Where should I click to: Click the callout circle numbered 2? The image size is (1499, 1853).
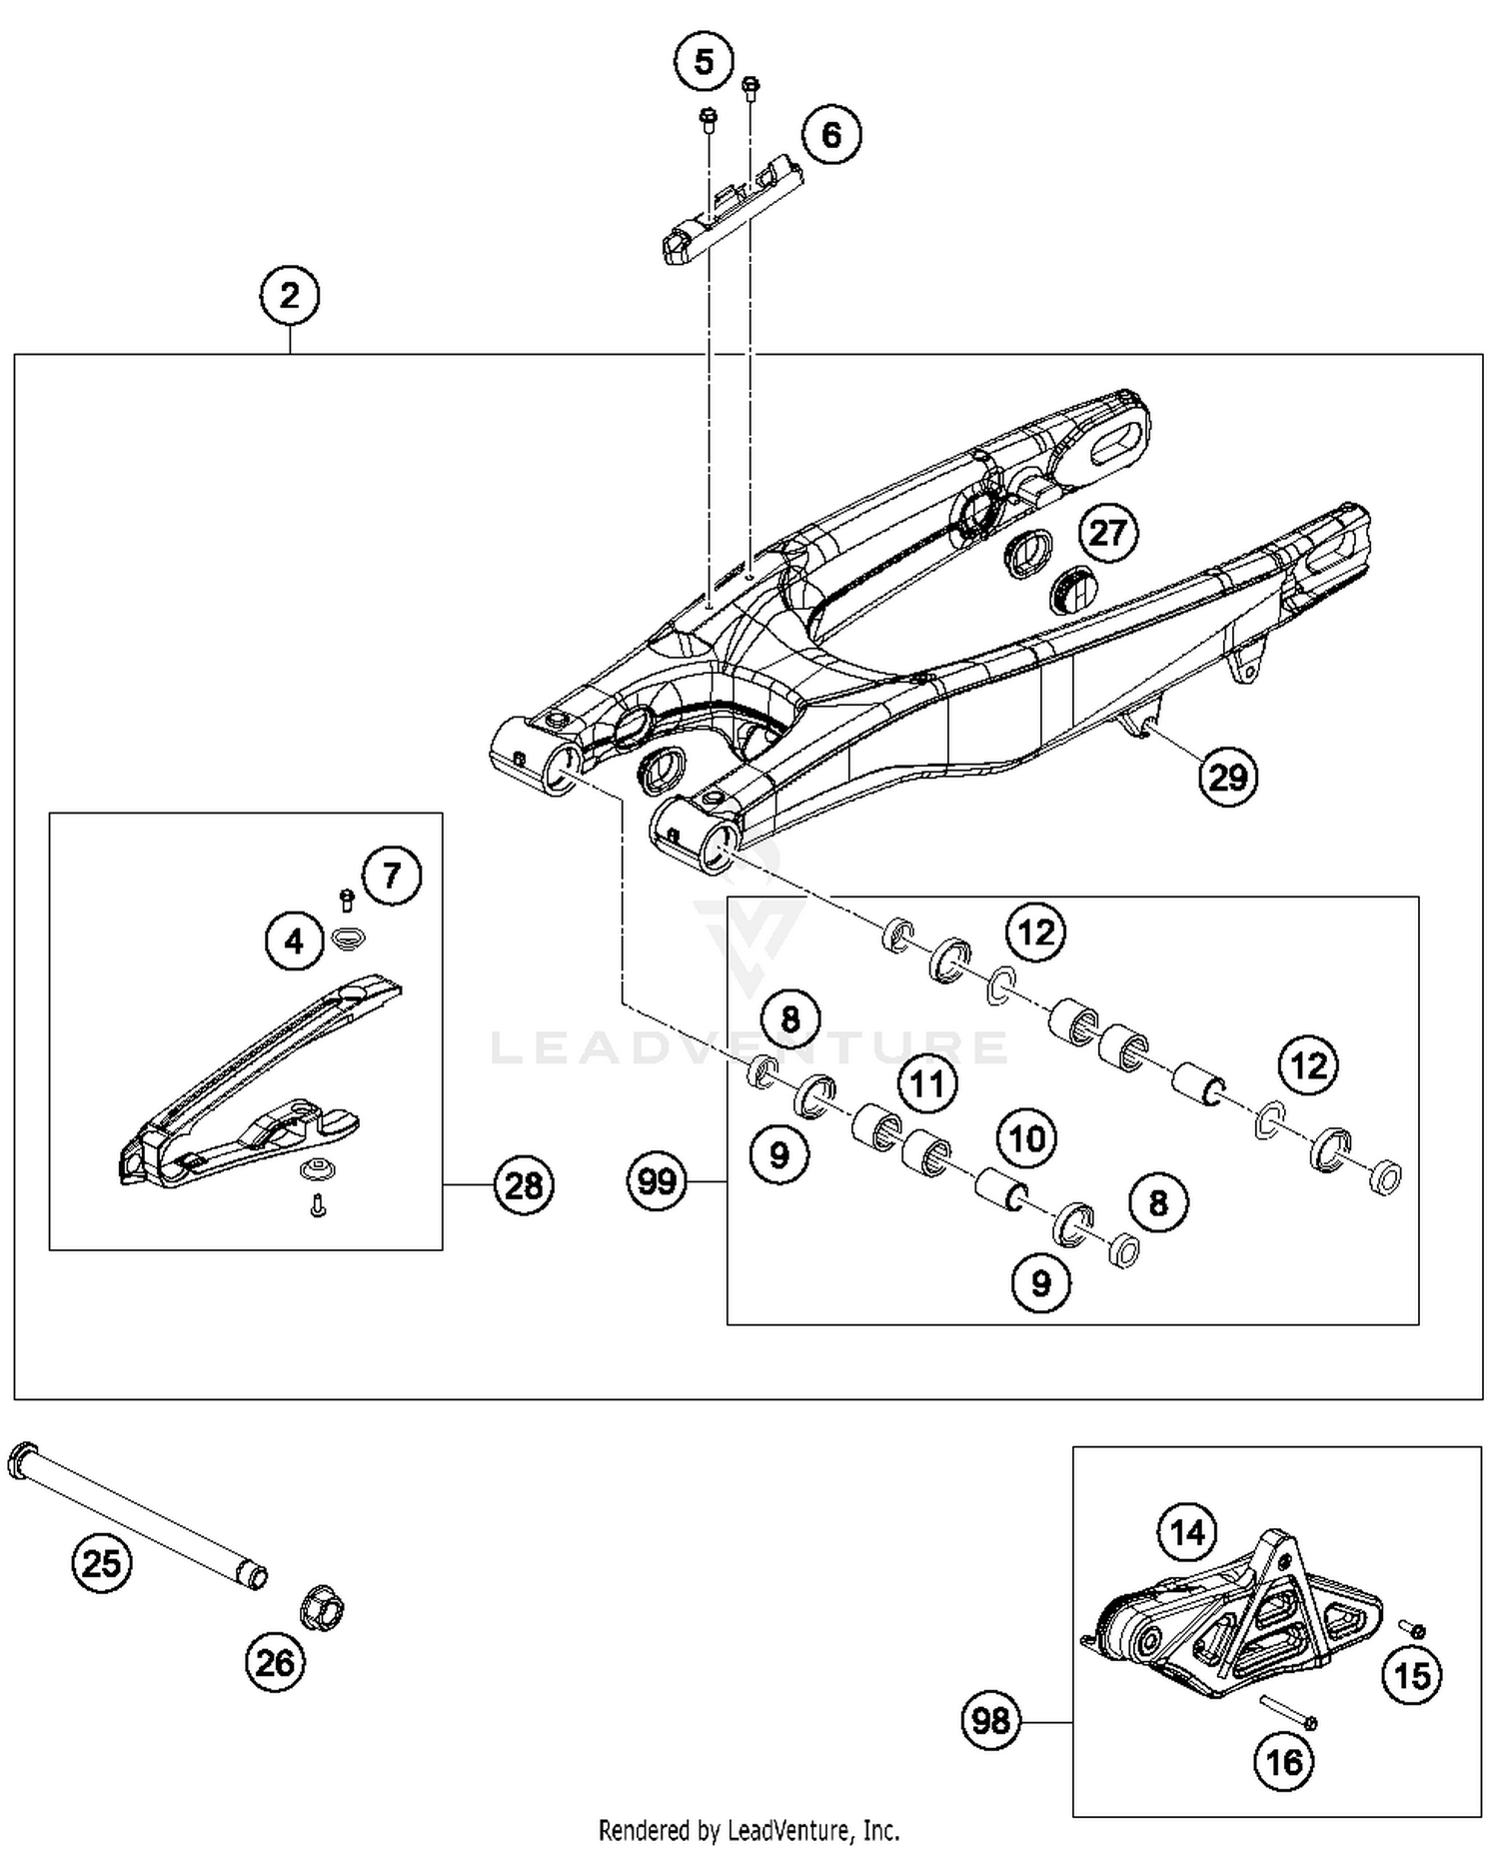coord(289,296)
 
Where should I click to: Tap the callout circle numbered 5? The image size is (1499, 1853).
coord(704,62)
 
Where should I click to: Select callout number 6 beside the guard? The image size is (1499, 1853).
coord(830,135)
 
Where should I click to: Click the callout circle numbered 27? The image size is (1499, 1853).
coord(1107,533)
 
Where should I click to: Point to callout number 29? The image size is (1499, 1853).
coord(1227,776)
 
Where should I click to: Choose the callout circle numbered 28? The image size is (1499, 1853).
coord(523,1185)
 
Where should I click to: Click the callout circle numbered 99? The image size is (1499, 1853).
coord(657,1181)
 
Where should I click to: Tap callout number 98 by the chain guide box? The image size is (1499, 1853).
coord(990,1721)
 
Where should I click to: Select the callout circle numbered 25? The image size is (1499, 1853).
coord(102,1562)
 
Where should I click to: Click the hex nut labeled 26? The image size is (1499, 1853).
coord(322,1608)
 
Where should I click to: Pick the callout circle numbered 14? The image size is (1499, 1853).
coord(1187,1531)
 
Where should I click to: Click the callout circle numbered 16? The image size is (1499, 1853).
coord(1284,1761)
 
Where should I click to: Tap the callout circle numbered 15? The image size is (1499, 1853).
coord(1412,1675)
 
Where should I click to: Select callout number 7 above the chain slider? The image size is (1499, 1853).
coord(391,876)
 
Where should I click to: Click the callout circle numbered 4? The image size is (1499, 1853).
coord(294,941)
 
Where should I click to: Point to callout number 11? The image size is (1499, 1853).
coord(926,1082)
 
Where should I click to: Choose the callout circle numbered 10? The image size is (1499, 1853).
coord(1027,1138)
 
